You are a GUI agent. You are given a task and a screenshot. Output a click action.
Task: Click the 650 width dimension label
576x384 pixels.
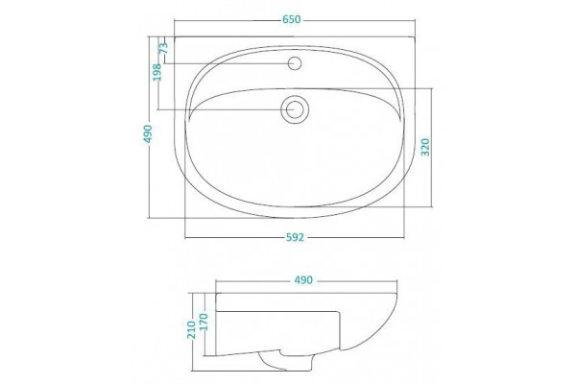[x=292, y=19]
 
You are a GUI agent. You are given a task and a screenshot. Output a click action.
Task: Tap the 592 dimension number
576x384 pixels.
[x=295, y=238]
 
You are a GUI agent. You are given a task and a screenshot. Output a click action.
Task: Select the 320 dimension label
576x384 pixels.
[x=425, y=147]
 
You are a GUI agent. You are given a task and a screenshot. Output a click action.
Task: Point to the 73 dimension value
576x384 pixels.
[x=164, y=48]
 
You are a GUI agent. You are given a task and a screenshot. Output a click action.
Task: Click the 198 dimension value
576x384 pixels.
[x=156, y=72]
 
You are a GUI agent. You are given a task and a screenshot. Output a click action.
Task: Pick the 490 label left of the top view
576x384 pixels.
[x=148, y=133]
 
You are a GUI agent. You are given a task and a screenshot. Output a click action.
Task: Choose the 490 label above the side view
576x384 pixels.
[x=303, y=280]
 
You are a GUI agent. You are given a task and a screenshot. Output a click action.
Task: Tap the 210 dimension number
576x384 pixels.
[x=191, y=329]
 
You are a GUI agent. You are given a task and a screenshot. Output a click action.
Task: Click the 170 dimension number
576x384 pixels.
[x=204, y=322]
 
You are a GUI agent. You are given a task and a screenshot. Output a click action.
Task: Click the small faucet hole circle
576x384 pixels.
[x=295, y=63]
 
